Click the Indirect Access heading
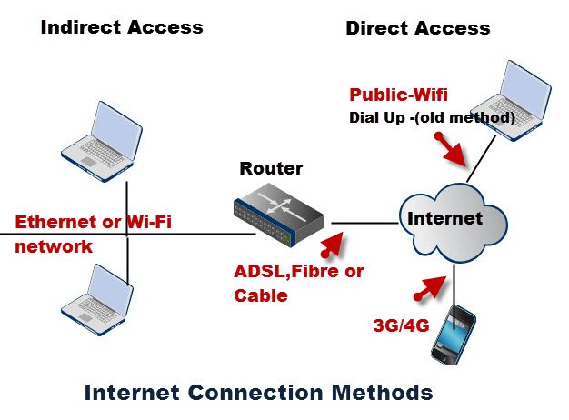(122, 27)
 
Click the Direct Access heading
(417, 28)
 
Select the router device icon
(278, 215)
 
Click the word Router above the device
(271, 169)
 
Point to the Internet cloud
(444, 220)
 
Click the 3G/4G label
(401, 325)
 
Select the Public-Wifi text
(399, 95)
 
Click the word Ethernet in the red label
(51, 223)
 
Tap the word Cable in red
(261, 295)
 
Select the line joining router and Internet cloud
(364, 221)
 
